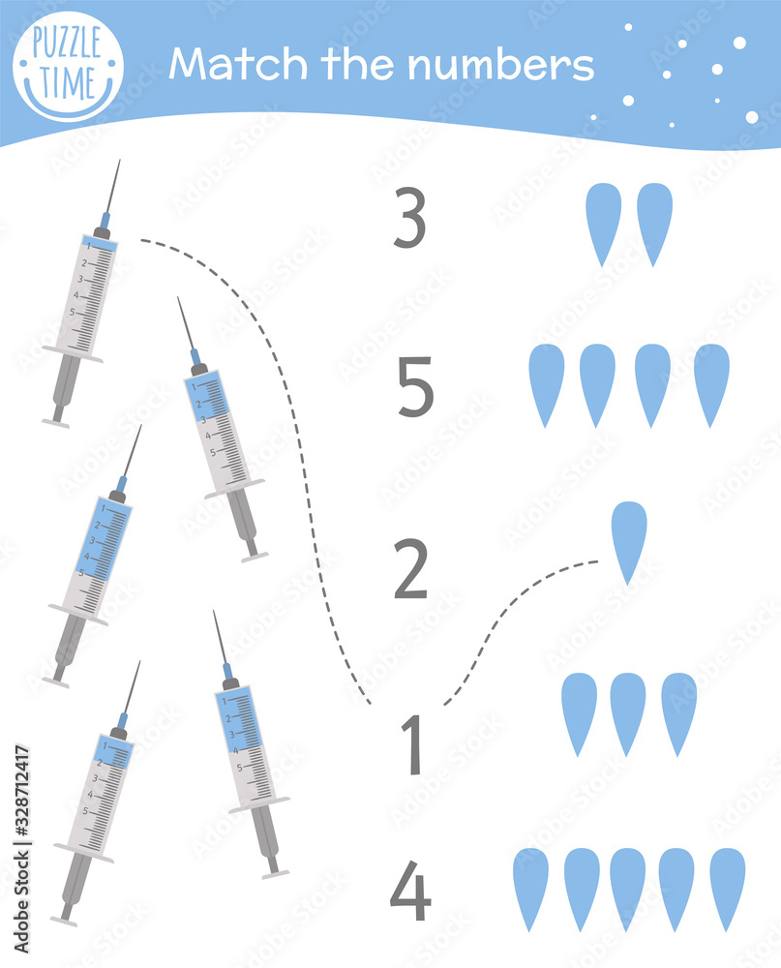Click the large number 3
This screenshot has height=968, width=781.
point(410,219)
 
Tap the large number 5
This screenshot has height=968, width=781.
point(415,387)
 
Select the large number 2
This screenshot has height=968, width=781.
point(410,571)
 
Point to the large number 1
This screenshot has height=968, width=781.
point(413,744)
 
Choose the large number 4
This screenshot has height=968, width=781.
point(410,894)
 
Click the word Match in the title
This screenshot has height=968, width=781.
point(232,65)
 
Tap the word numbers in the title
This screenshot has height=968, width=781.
point(500,65)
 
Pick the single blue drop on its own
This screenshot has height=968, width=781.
point(629,540)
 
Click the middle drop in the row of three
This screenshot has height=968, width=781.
point(628,712)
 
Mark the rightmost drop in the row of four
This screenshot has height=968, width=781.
point(711,383)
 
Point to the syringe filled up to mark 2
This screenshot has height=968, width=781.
point(97,794)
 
